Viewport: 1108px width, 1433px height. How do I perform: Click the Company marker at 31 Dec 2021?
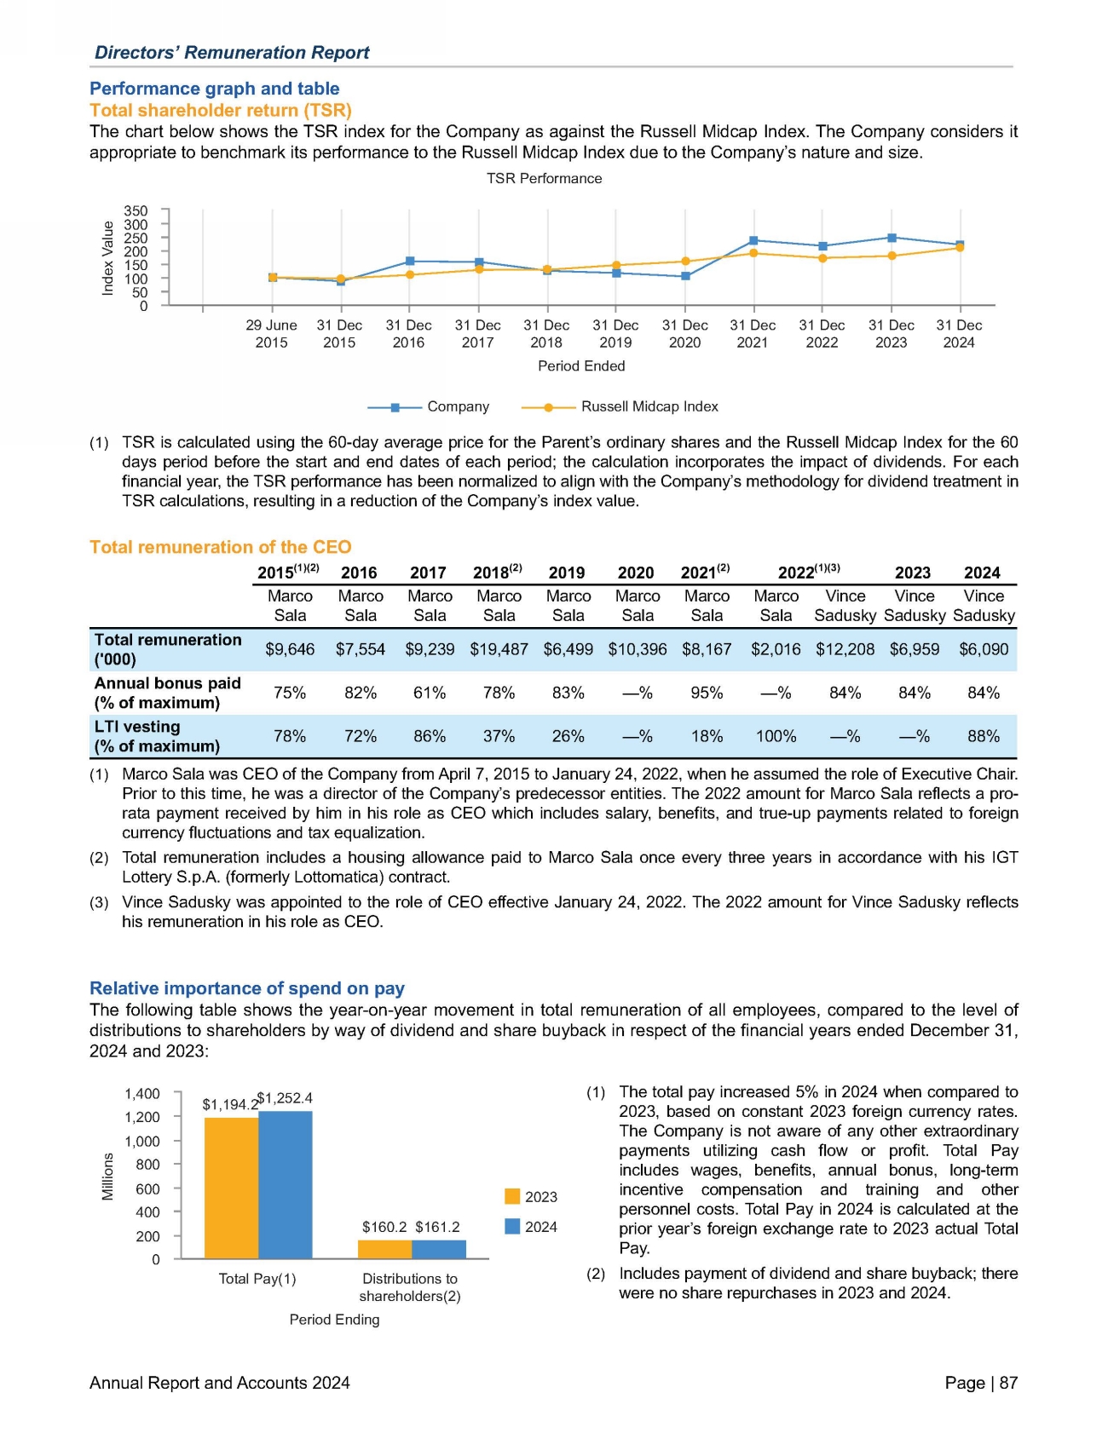(753, 240)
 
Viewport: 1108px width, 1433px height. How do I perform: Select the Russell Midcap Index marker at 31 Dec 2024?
(960, 248)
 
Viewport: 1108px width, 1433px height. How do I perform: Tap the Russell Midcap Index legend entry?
(649, 406)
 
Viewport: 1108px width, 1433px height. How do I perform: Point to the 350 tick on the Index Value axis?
(136, 210)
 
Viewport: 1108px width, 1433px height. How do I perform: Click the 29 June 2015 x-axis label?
(271, 334)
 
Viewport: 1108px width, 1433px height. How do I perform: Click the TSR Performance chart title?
(544, 178)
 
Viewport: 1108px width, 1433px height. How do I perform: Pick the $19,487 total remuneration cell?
(499, 649)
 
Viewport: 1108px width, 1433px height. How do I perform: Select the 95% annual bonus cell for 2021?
(707, 693)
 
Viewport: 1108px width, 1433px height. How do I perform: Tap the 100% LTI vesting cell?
(776, 736)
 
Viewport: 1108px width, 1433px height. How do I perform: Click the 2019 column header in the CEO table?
(567, 573)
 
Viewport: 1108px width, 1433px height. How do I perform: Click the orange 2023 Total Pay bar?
(231, 1188)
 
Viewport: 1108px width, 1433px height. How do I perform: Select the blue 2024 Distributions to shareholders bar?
(439, 1249)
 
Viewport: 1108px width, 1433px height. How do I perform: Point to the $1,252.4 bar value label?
(286, 1097)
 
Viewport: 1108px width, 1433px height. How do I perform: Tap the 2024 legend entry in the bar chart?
(531, 1227)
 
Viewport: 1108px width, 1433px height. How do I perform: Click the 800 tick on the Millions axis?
(148, 1164)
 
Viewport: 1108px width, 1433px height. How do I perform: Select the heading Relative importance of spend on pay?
(247, 988)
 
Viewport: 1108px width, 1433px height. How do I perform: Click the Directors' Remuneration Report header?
(232, 52)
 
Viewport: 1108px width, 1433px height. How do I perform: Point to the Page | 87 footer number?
(981, 1383)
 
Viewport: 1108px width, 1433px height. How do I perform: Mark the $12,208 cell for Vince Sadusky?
(845, 649)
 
